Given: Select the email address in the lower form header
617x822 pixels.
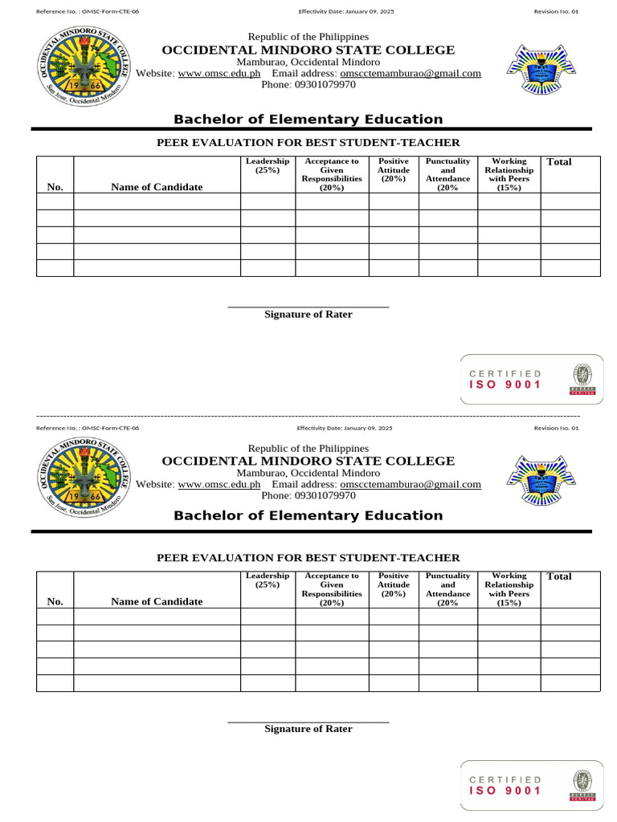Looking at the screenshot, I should (411, 484).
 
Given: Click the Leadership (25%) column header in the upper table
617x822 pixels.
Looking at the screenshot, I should (268, 166).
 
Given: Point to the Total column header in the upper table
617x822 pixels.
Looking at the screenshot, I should (558, 162).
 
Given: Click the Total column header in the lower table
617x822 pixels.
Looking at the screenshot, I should (558, 576).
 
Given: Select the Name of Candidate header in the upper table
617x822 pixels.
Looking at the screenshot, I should (157, 187).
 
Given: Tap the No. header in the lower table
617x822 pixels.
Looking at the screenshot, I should (55, 601).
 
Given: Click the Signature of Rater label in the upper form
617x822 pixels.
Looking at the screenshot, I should (308, 315).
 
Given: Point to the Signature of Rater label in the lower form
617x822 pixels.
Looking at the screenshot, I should (308, 729).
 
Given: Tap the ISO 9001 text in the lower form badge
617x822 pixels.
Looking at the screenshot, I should (505, 791).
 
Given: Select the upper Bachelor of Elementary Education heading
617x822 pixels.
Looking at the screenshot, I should (308, 120).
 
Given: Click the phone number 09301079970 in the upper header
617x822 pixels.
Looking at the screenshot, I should (308, 84).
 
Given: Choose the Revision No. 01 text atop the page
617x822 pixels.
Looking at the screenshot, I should (556, 12).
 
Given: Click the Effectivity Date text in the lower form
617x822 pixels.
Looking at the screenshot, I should (345, 429).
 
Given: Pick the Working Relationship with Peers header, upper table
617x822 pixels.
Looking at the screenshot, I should (509, 174).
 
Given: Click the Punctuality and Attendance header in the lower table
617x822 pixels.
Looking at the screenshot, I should (447, 589).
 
